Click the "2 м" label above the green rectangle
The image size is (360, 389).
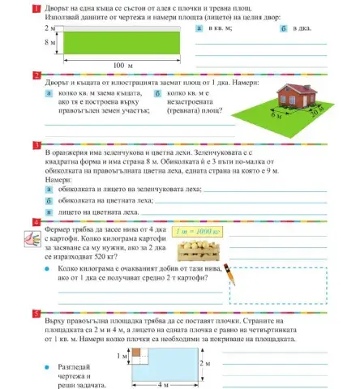(x=50, y=27)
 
